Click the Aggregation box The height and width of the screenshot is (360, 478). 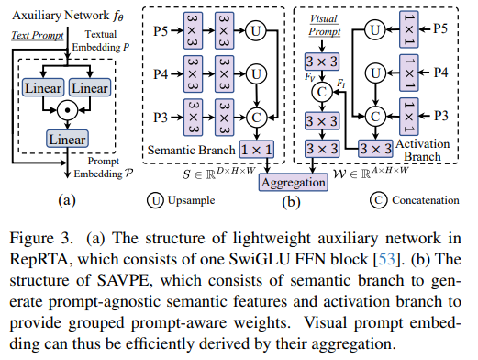tap(294, 183)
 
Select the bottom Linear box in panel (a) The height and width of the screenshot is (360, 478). tap(67, 139)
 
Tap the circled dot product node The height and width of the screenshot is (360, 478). tap(68, 110)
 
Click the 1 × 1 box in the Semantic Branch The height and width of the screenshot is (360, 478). tap(257, 150)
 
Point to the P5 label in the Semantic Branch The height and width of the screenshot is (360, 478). tap(161, 31)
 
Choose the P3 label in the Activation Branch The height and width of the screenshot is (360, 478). tap(441, 116)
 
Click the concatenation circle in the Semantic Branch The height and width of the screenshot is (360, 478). tap(256, 118)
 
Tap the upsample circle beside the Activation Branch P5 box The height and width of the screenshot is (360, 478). tap(375, 29)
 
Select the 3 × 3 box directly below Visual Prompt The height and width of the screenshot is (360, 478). tap(322, 62)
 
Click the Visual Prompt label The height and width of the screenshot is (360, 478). tap(324, 25)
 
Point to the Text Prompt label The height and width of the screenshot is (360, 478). tap(38, 35)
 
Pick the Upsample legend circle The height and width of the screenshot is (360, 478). tap(155, 200)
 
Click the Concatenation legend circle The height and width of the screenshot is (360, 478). tap(379, 200)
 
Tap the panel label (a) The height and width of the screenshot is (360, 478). tap(67, 201)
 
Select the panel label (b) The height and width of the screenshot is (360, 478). tap(291, 202)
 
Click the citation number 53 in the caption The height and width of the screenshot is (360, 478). tap(387, 259)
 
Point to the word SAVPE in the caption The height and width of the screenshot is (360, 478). tap(124, 280)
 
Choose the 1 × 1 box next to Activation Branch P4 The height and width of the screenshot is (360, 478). tap(409, 73)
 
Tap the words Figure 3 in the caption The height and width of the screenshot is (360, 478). tap(40, 238)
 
